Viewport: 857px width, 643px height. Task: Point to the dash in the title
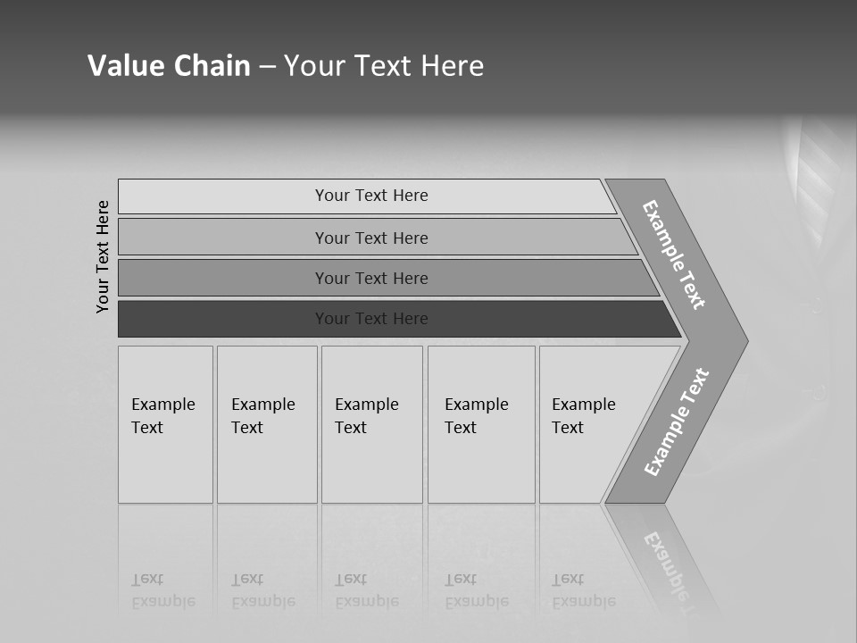coord(267,67)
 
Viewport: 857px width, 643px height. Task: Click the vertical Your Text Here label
coord(103,256)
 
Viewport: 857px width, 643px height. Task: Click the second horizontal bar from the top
coord(370,238)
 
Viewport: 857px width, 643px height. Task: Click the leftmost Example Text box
coord(165,424)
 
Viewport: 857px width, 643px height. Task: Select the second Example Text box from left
coord(267,424)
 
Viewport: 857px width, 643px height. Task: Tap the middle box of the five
coord(371,424)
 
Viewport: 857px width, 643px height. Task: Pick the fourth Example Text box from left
coord(481,424)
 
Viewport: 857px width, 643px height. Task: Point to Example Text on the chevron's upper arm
coord(675,255)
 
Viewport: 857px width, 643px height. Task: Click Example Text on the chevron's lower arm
coord(677,422)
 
